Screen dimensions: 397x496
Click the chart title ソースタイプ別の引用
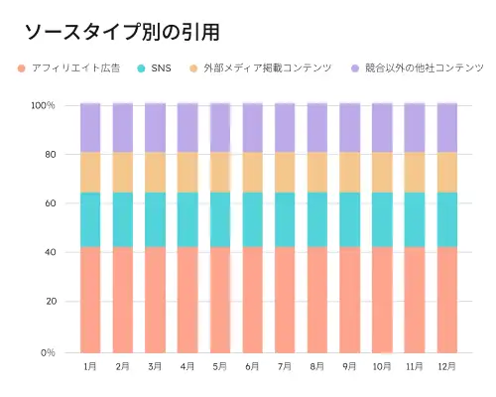click(x=121, y=33)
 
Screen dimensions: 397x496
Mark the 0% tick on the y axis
click(x=47, y=352)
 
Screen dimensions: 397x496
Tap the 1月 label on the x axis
click(x=90, y=366)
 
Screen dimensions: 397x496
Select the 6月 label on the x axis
click(x=252, y=366)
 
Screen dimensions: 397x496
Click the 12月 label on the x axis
click(x=447, y=366)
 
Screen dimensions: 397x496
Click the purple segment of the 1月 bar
click(x=90, y=127)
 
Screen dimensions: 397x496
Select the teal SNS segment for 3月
click(x=155, y=218)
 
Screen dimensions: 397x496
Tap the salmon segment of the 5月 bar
click(x=220, y=299)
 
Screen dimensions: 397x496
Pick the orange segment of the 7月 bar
click(x=285, y=172)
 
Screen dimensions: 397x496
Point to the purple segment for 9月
click(x=349, y=127)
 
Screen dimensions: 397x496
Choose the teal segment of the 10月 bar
click(x=382, y=218)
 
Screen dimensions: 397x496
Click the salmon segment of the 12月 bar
click(x=447, y=299)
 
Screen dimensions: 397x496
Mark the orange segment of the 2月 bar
click(x=123, y=172)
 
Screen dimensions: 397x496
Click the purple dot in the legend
click(x=354, y=67)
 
